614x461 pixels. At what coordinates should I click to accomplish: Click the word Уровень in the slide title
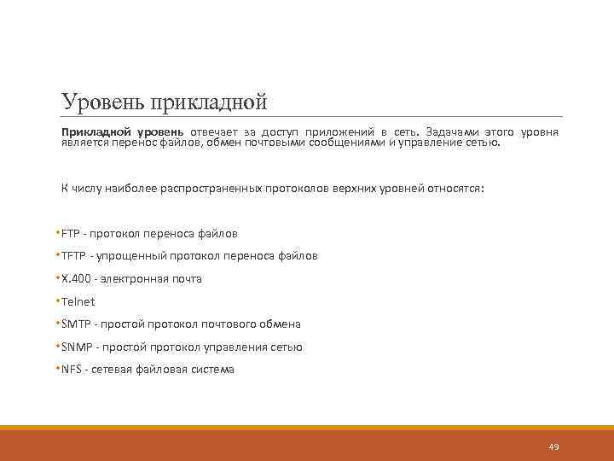click(103, 102)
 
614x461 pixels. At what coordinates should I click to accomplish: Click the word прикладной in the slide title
click(208, 103)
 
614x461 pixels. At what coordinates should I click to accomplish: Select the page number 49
click(553, 446)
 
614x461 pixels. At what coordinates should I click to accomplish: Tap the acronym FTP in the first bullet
click(72, 233)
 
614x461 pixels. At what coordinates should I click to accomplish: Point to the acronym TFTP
click(75, 255)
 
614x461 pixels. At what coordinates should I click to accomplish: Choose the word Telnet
click(78, 301)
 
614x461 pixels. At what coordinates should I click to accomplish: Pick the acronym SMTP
click(77, 324)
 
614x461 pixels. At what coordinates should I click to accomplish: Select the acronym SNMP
click(78, 347)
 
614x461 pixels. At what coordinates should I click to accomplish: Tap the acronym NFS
click(72, 370)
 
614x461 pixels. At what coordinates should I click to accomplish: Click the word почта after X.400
click(184, 278)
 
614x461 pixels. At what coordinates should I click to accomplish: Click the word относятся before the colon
click(454, 188)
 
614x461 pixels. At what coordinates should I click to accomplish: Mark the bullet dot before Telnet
click(57, 301)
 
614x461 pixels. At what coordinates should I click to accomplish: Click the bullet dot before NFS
click(57, 369)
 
